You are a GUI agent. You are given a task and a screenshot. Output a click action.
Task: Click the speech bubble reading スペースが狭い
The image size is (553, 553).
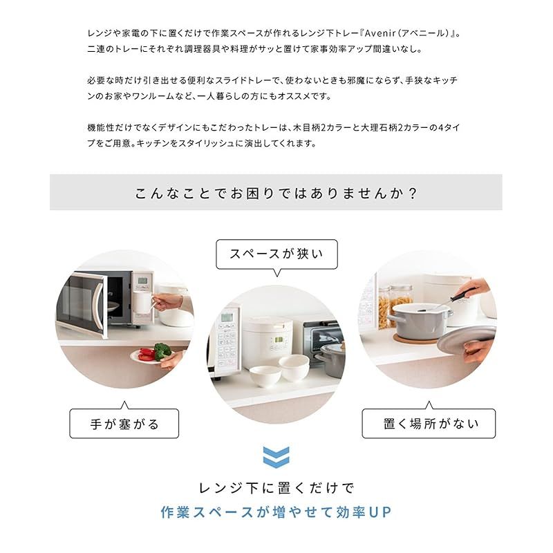[276, 254]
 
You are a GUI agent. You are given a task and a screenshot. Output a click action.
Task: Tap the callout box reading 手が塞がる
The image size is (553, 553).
[124, 423]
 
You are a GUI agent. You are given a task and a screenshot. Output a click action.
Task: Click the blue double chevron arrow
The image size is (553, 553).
[276, 457]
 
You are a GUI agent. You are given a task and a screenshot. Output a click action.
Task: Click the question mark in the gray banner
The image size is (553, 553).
[413, 192]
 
